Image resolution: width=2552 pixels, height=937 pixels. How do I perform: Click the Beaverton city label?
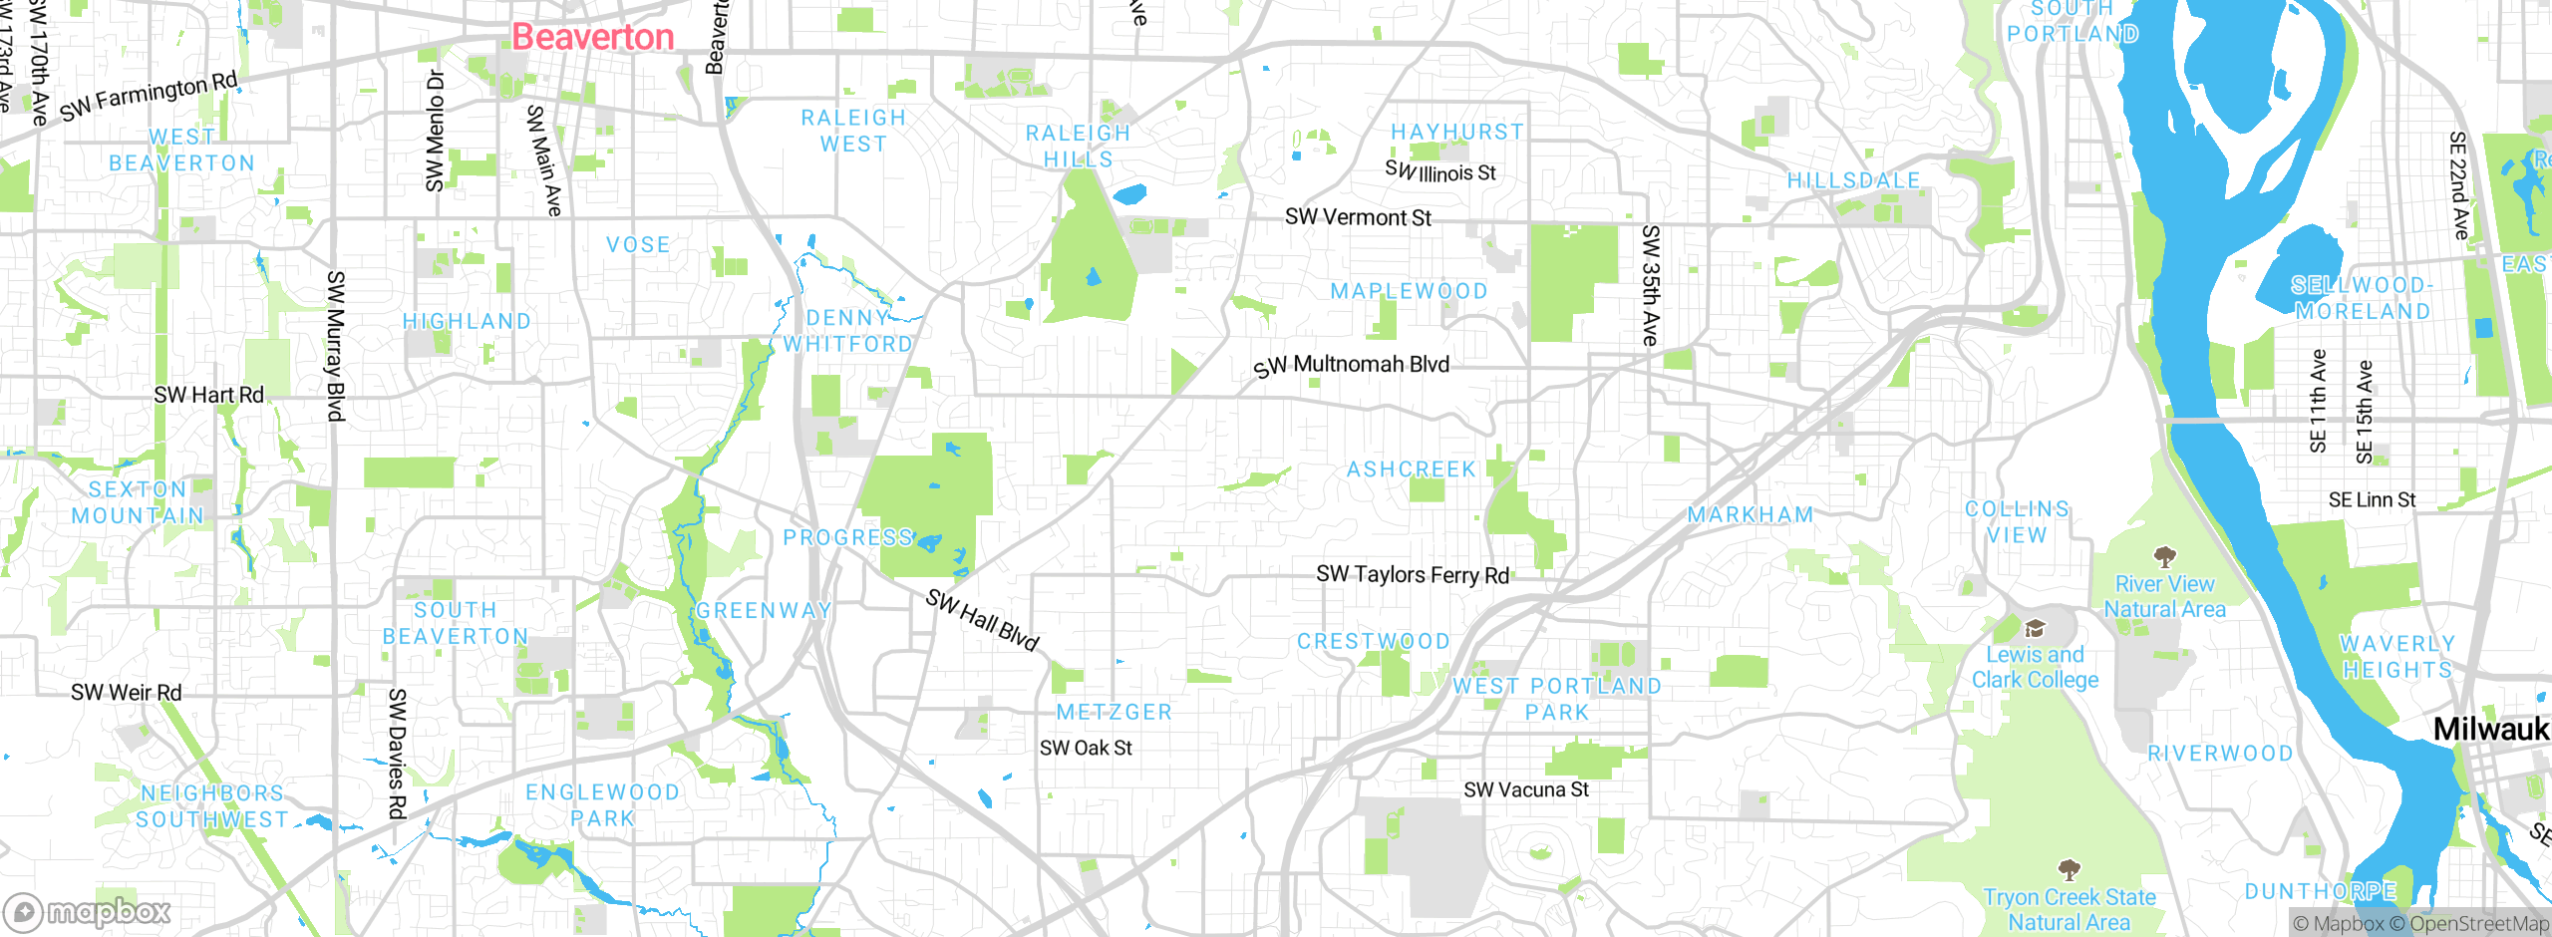(x=593, y=38)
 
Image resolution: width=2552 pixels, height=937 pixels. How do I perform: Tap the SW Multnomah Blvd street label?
(x=1352, y=366)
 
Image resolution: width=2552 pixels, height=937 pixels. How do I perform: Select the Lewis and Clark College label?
(x=2035, y=667)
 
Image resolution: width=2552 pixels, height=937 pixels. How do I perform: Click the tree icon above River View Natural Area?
(x=2164, y=556)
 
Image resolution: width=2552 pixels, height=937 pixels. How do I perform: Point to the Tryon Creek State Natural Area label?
(x=2069, y=909)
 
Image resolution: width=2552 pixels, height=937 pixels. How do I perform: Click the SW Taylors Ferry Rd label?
(x=1413, y=574)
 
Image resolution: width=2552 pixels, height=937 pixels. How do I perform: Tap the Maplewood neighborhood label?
(x=1409, y=291)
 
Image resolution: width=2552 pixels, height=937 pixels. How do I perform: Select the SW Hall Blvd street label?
(x=982, y=619)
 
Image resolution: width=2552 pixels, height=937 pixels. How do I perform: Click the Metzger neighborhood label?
(x=1115, y=712)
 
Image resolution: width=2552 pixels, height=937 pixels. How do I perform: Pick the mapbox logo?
(x=88, y=911)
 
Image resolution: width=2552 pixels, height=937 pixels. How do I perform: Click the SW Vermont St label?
(x=1358, y=217)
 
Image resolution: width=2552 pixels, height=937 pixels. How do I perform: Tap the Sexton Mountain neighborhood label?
(x=138, y=502)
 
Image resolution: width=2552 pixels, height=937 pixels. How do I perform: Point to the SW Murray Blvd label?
(x=336, y=346)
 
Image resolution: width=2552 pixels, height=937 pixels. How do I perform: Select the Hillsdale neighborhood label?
(x=1853, y=180)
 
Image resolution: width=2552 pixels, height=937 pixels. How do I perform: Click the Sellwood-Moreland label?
(x=2362, y=298)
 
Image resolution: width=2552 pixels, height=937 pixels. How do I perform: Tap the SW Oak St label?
(x=1086, y=748)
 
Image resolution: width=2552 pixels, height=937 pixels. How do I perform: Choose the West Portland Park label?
(x=1557, y=699)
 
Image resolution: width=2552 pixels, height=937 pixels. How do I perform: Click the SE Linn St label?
(x=2372, y=499)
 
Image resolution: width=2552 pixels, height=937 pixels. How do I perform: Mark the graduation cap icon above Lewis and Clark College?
(x=2035, y=628)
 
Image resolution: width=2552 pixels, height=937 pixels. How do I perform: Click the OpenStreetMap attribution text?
(x=2479, y=924)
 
